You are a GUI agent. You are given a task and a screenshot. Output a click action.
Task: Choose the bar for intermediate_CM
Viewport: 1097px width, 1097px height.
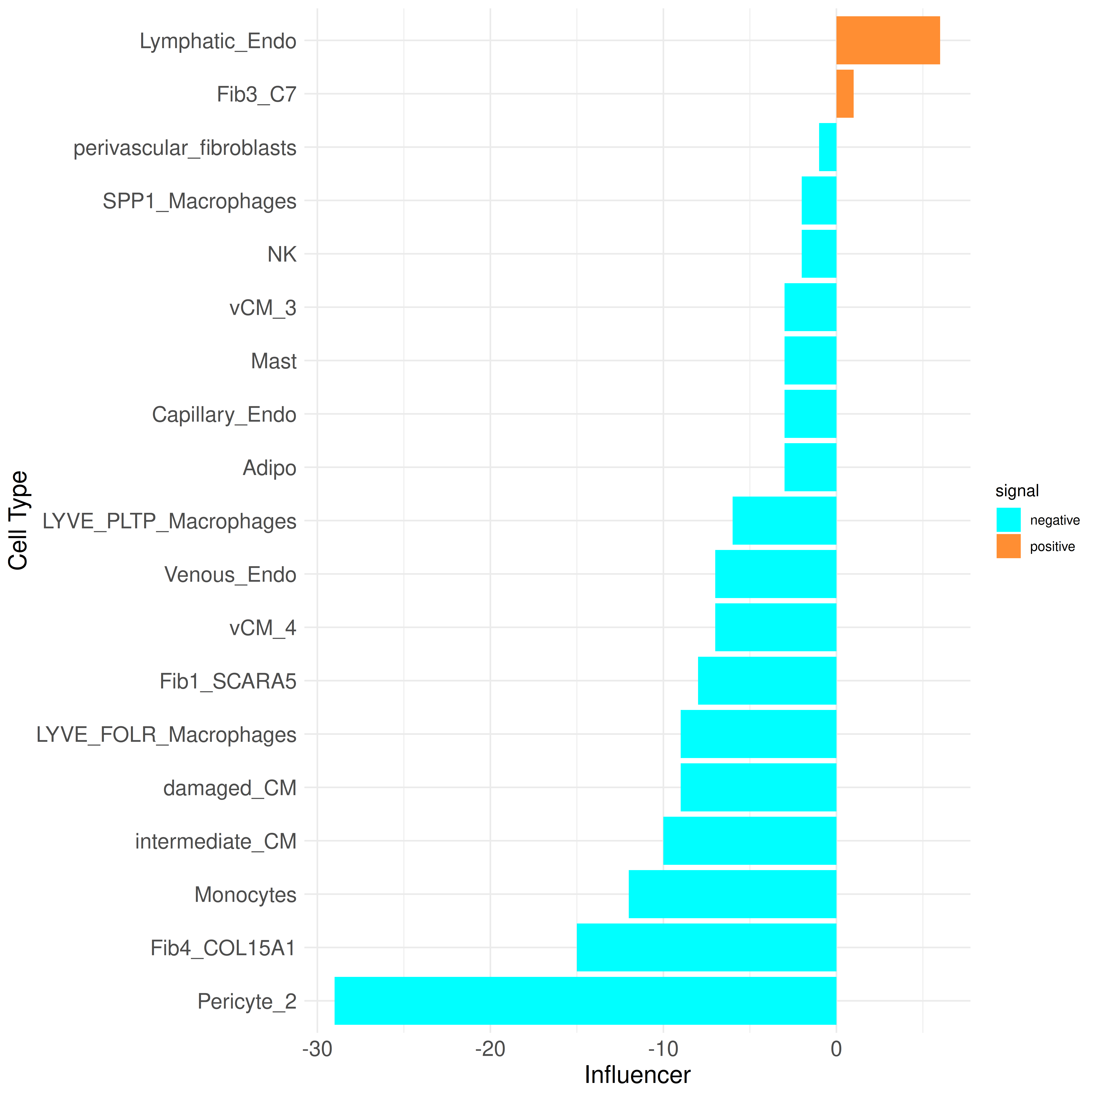(x=749, y=841)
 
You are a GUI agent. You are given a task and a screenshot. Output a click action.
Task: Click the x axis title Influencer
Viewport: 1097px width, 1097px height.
(x=637, y=1075)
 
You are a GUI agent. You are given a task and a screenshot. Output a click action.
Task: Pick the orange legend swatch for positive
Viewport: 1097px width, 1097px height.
(x=1009, y=546)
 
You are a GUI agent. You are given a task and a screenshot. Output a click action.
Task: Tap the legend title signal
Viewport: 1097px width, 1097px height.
(x=1017, y=491)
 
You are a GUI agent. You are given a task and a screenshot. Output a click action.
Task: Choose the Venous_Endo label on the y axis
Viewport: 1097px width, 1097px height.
(x=230, y=575)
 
